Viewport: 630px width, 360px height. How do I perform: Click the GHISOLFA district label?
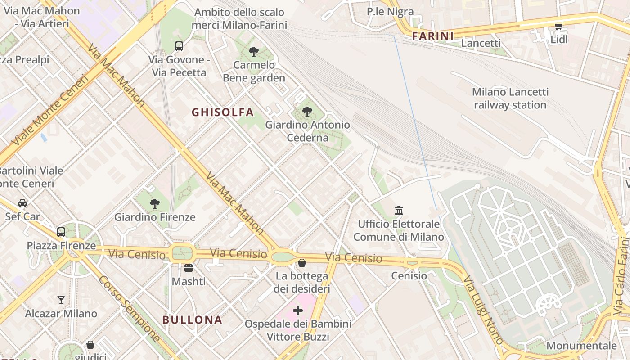tap(223, 112)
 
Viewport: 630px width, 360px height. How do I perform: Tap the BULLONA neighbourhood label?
tap(192, 320)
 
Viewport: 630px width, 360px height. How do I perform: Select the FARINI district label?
tap(433, 36)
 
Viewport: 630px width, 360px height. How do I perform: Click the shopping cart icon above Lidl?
tap(558, 26)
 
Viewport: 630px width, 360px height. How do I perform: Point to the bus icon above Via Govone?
tap(179, 46)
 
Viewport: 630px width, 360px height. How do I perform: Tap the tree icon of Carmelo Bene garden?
tap(254, 51)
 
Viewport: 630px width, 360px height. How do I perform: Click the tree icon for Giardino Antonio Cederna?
tap(307, 111)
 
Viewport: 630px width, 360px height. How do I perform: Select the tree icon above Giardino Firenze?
tap(155, 203)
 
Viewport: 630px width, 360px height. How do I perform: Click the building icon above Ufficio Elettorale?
tap(398, 210)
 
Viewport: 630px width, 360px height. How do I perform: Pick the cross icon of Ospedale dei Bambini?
tap(298, 310)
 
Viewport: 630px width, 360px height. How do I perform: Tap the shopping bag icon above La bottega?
tap(302, 262)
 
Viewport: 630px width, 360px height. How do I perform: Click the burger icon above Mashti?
tap(189, 268)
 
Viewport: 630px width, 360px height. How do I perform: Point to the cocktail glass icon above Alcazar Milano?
tap(61, 300)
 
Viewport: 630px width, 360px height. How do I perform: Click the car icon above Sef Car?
tap(22, 203)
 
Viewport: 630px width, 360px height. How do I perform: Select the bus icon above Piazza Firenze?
tap(61, 232)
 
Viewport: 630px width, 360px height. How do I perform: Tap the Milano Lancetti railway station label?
tap(510, 99)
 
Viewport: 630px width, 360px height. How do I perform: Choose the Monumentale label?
tap(581, 346)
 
